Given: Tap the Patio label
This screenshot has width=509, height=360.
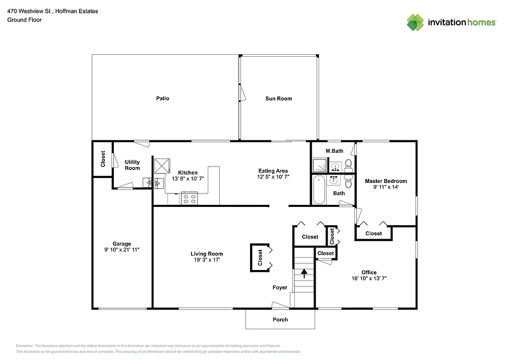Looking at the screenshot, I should coord(163,98).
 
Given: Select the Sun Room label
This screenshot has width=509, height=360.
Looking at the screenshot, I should coord(278,98).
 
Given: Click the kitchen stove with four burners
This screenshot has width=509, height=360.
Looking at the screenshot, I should coord(189,198).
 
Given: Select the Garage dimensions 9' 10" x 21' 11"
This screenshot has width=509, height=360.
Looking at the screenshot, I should coord(122,250).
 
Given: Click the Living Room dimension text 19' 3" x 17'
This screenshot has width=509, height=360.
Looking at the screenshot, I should coord(208,260).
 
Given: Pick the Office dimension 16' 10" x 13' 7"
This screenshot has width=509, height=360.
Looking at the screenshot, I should coord(369,278).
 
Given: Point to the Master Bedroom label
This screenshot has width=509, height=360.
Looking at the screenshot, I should coord(386,181).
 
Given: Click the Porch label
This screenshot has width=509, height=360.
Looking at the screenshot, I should coord(280,319).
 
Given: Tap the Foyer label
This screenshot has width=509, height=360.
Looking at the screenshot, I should coord(280,287).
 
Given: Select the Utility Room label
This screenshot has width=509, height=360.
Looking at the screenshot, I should coord(132,165).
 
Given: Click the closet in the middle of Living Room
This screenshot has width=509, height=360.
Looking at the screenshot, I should coord(260,258).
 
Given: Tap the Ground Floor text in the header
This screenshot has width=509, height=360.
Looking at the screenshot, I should coord(24,20).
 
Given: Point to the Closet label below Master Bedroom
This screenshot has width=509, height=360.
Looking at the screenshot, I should coord(374,233).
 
